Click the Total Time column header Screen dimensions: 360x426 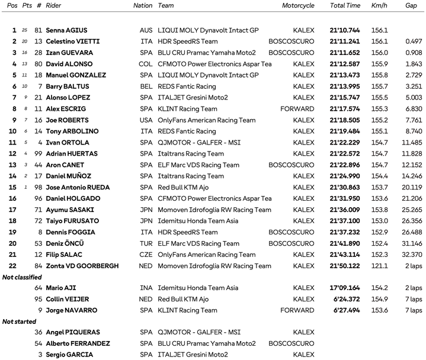click(x=345, y=5)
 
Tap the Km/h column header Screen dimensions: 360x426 click(x=379, y=5)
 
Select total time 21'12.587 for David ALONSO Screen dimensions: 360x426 click(x=345, y=64)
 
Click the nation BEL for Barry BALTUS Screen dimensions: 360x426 click(x=145, y=86)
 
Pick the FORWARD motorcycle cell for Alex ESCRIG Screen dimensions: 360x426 click(x=297, y=109)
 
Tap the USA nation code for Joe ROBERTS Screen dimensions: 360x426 click(x=146, y=120)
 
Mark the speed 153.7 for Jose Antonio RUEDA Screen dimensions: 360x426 click(x=379, y=187)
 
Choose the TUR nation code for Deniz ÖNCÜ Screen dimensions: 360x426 click(x=146, y=243)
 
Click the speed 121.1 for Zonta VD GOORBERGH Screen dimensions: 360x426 click(x=379, y=266)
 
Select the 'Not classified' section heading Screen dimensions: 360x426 click(x=22, y=277)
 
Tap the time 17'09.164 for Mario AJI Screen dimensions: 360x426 click(x=345, y=288)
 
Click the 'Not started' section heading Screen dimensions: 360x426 click(x=19, y=322)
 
